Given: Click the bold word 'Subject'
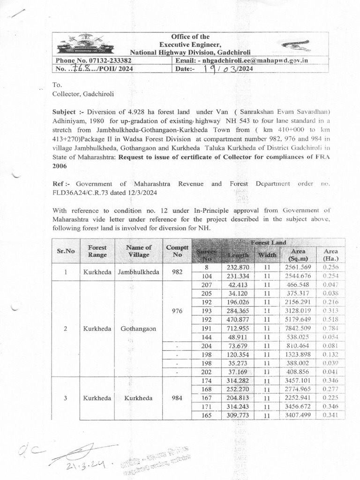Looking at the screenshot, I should coord(67,112).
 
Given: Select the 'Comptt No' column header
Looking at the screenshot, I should coord(177,251).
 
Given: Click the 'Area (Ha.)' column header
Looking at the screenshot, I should coord(331,255).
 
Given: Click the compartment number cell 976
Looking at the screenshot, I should coord(177,310).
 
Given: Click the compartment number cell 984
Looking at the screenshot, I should coord(177,398).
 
